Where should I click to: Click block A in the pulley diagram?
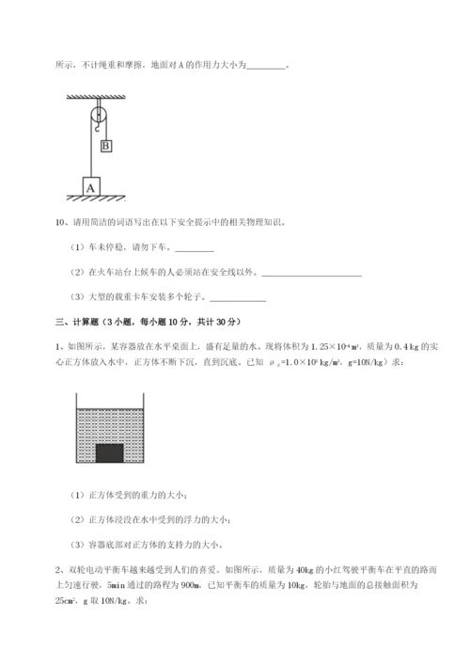pyautogui.click(x=91, y=186)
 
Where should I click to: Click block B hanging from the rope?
pyautogui.click(x=106, y=146)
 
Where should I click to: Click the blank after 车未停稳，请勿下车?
pyautogui.click(x=195, y=249)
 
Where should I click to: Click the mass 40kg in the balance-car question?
pyautogui.click(x=306, y=569)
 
